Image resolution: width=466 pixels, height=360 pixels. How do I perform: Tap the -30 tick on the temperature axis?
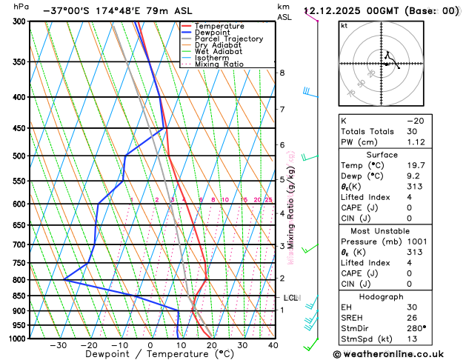[x=58, y=345]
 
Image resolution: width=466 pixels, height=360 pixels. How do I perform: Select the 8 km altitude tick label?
[x=282, y=73]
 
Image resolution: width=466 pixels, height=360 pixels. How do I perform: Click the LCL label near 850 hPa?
[x=290, y=298]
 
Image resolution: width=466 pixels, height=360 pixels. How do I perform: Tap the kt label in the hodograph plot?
[x=344, y=25]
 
